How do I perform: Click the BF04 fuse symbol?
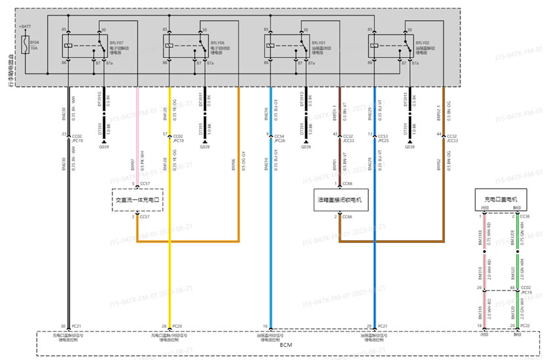point(25,45)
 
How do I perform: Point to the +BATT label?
point(25,27)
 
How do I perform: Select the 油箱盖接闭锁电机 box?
point(342,198)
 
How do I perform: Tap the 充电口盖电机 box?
point(501,198)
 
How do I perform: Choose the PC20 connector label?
point(177,326)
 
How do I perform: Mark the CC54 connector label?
point(279,134)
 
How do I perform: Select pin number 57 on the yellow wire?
point(166,134)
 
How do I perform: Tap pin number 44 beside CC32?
point(438,134)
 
